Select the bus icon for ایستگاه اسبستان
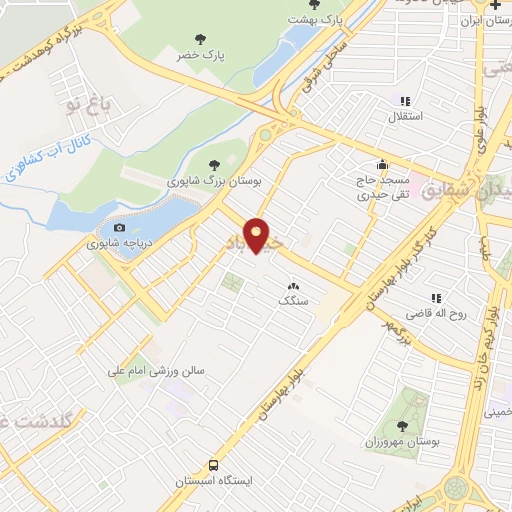click(x=213, y=465)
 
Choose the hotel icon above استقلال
click(x=405, y=101)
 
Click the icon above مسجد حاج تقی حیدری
click(x=380, y=165)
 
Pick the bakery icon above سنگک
click(x=293, y=286)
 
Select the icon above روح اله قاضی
click(x=435, y=298)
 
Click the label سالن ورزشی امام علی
click(x=157, y=371)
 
